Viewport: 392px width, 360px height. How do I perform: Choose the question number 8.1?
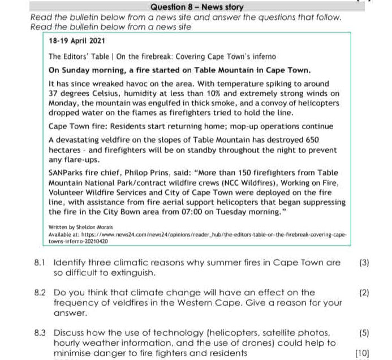(39, 263)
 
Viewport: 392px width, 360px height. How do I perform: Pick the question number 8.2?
(39, 293)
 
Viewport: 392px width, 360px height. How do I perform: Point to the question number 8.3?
(39, 332)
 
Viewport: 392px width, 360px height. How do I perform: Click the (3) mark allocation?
(364, 263)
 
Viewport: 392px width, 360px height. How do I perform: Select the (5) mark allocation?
(364, 332)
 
